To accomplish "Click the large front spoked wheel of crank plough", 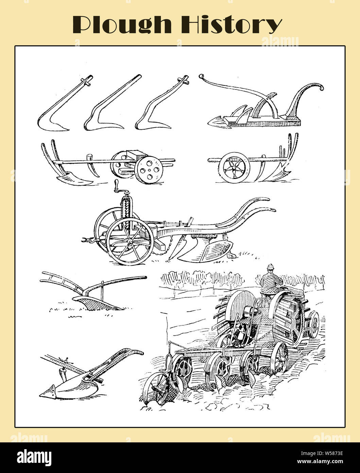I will point(129,241).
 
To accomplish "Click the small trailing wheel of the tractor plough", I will point(157,388).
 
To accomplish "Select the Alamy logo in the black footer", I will point(35,457).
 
